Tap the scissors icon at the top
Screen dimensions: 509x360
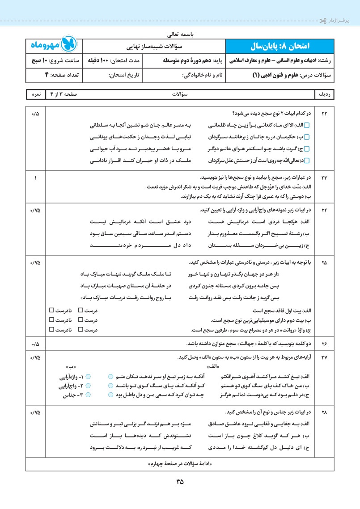click(x=322, y=21)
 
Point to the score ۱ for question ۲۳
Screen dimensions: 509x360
click(x=35, y=178)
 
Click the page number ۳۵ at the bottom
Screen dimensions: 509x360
click(x=180, y=482)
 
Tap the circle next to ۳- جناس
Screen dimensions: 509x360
click(x=88, y=394)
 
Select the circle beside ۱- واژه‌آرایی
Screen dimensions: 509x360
click(x=88, y=377)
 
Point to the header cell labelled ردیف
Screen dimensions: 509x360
click(x=325, y=95)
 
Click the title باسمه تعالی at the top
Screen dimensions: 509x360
click(x=179, y=33)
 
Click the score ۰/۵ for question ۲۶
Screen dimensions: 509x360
click(x=35, y=344)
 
